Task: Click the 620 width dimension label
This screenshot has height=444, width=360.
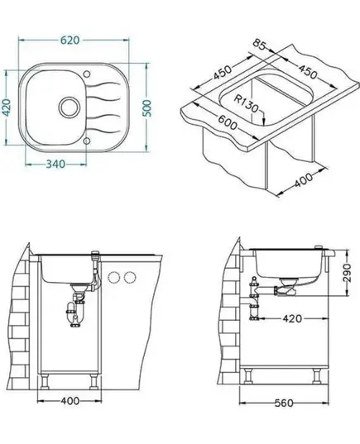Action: pyautogui.click(x=70, y=41)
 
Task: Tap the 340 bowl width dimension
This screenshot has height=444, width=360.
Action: pyautogui.click(x=55, y=164)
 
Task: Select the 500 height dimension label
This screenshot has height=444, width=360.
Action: pyautogui.click(x=146, y=108)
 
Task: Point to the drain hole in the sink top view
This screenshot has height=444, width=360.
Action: pyautogui.click(x=69, y=107)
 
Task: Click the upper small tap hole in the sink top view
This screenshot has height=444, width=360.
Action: pyautogui.click(x=87, y=74)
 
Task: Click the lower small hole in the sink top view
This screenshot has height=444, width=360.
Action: pyautogui.click(x=87, y=141)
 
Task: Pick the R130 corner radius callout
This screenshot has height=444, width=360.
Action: pyautogui.click(x=247, y=103)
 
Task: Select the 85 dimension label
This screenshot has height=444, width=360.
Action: pyautogui.click(x=259, y=45)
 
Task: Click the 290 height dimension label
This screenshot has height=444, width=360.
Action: pyautogui.click(x=347, y=273)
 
